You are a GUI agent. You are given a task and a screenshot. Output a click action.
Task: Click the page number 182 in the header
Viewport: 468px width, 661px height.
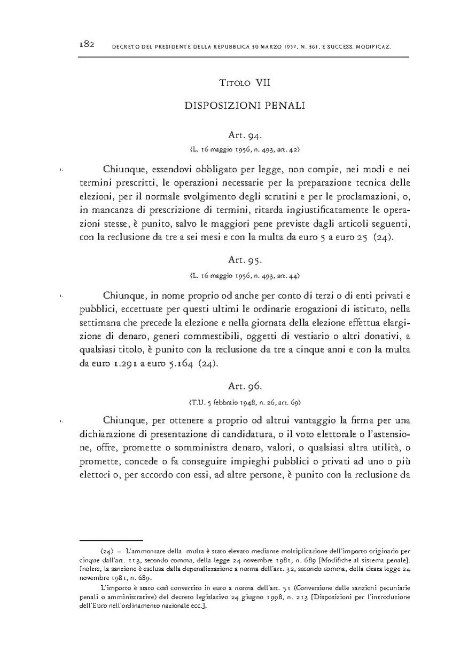[86, 44]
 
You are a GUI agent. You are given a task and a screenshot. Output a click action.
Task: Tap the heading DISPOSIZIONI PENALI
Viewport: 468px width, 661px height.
[245, 106]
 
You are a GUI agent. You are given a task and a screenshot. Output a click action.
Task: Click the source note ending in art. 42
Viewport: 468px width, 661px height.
[245, 149]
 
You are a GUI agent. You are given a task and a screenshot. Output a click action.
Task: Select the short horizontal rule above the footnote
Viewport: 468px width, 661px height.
[111, 540]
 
